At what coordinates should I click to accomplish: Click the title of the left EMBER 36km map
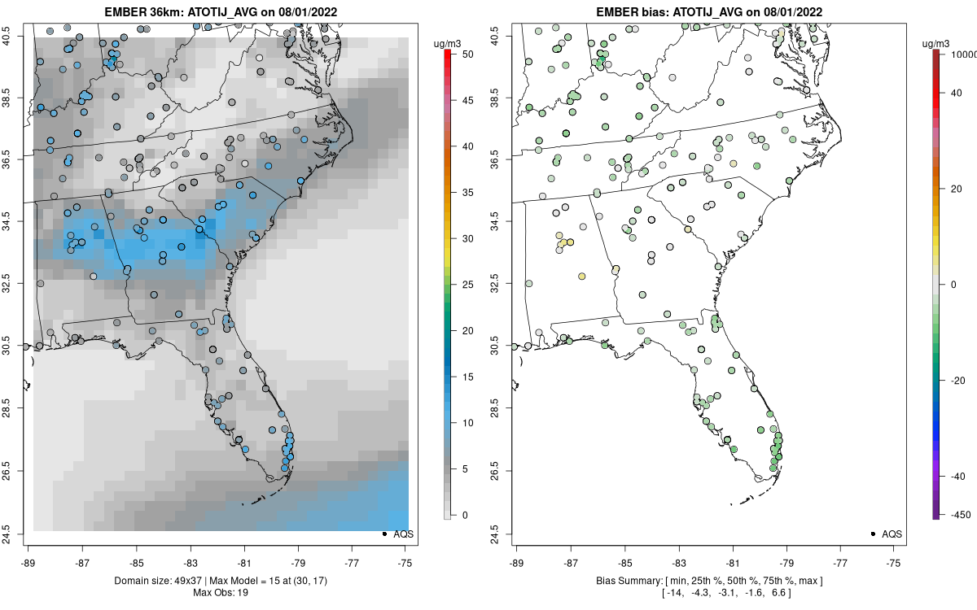pyautogui.click(x=220, y=12)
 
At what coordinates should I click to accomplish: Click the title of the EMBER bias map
pyautogui.click(x=708, y=12)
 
